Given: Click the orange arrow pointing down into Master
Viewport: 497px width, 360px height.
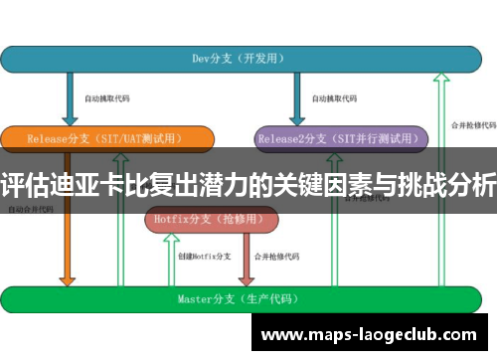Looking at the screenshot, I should coord(68,249).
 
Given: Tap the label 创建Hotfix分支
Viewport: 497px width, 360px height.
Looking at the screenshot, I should coord(204,257).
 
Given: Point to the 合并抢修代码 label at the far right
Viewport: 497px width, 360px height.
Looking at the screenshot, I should coord(471,126).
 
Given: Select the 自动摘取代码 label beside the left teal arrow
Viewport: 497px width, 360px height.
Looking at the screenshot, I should coord(106,98).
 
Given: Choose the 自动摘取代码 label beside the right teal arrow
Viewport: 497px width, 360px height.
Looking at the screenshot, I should coord(334,98).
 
